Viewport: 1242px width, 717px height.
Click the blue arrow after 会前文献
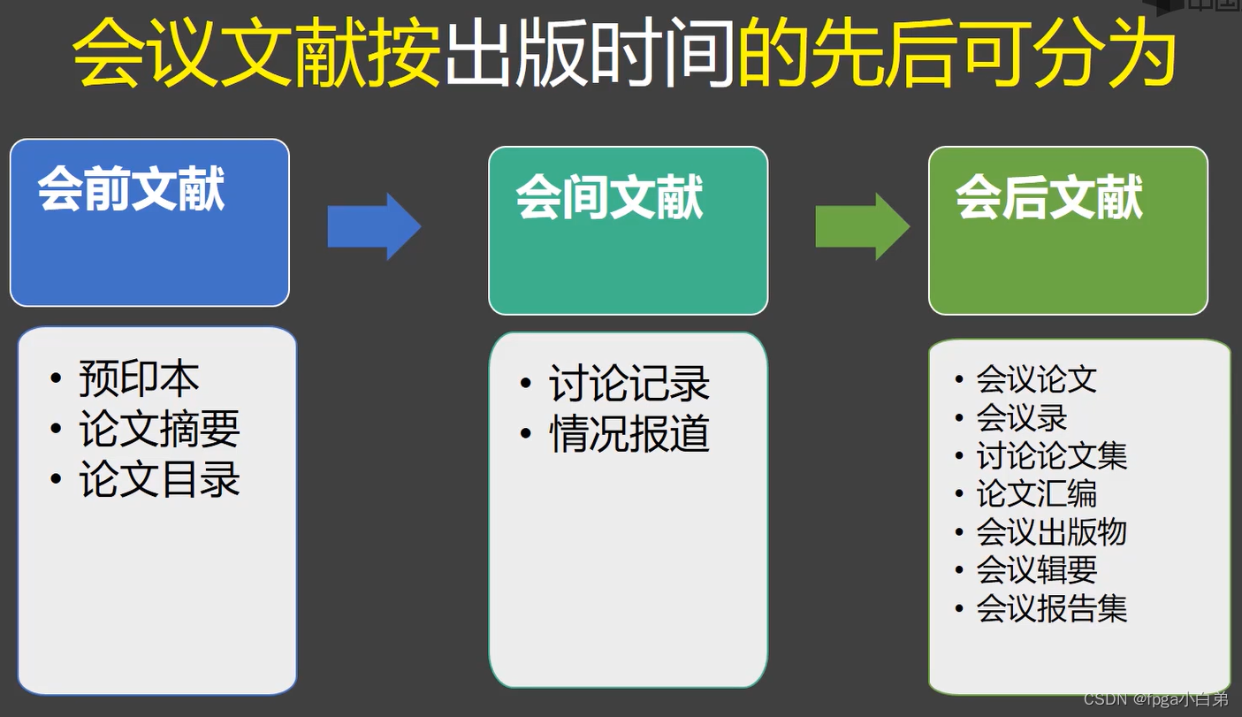pos(374,227)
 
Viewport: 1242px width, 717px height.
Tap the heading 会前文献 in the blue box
pos(132,189)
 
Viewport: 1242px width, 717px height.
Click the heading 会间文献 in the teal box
pos(610,197)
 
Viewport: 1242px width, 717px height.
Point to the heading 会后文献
pos(1049,197)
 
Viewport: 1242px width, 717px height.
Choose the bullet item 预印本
pos(139,378)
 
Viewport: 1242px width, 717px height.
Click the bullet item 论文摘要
pos(159,430)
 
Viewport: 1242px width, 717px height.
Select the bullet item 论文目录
pos(159,480)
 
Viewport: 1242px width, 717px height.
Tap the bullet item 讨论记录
pos(629,384)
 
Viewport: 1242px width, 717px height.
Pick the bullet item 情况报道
pos(629,434)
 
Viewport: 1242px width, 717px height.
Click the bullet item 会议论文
pos(1037,379)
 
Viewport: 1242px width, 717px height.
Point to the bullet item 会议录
pos(1022,417)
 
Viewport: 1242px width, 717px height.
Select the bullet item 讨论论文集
pos(1052,456)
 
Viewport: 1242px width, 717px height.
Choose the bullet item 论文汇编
pos(1037,494)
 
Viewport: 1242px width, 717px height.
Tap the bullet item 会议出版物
pos(1052,532)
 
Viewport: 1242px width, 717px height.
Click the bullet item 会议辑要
pos(1037,570)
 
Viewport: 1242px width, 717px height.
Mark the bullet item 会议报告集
pos(1052,608)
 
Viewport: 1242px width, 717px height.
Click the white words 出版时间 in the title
pos(589,55)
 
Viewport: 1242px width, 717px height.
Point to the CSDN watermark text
pos(1155,699)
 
